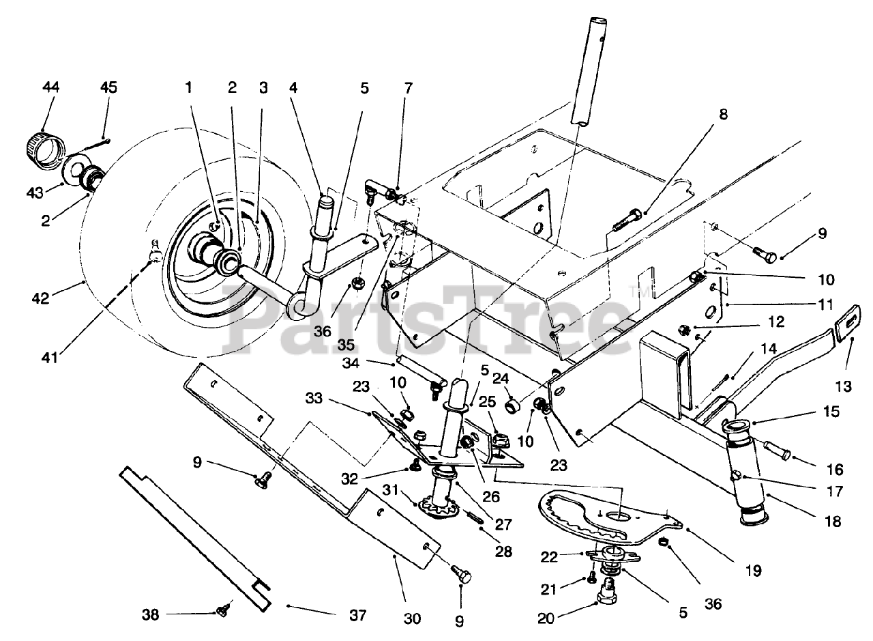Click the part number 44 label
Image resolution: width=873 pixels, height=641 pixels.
pyautogui.click(x=50, y=87)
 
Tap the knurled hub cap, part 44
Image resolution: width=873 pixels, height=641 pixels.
pyautogui.click(x=44, y=149)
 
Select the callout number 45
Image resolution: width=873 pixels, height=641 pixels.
pyautogui.click(x=108, y=87)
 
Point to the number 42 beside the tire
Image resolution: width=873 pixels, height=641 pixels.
pyautogui.click(x=40, y=298)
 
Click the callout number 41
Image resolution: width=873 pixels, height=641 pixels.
pyautogui.click(x=50, y=358)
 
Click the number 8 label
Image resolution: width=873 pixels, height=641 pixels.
pyautogui.click(x=723, y=114)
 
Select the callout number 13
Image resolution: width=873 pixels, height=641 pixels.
pyautogui.click(x=844, y=386)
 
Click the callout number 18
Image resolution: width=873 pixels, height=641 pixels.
pyautogui.click(x=833, y=522)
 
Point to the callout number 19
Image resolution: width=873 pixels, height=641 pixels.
pyautogui.click(x=754, y=571)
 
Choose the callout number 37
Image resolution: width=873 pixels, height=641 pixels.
pyautogui.click(x=358, y=615)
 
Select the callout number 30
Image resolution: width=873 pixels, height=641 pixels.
pyautogui.click(x=413, y=618)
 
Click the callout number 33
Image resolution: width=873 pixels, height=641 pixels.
pyautogui.click(x=314, y=399)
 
